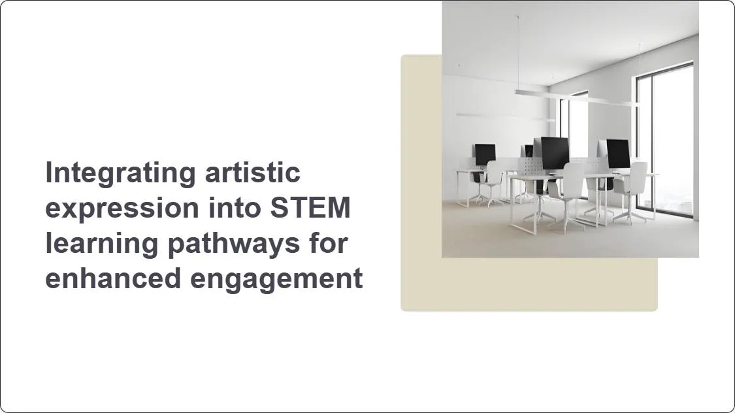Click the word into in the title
[x=227, y=208]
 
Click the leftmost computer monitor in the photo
[x=485, y=155]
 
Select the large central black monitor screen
[x=554, y=153]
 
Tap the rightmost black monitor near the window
[x=618, y=154]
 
